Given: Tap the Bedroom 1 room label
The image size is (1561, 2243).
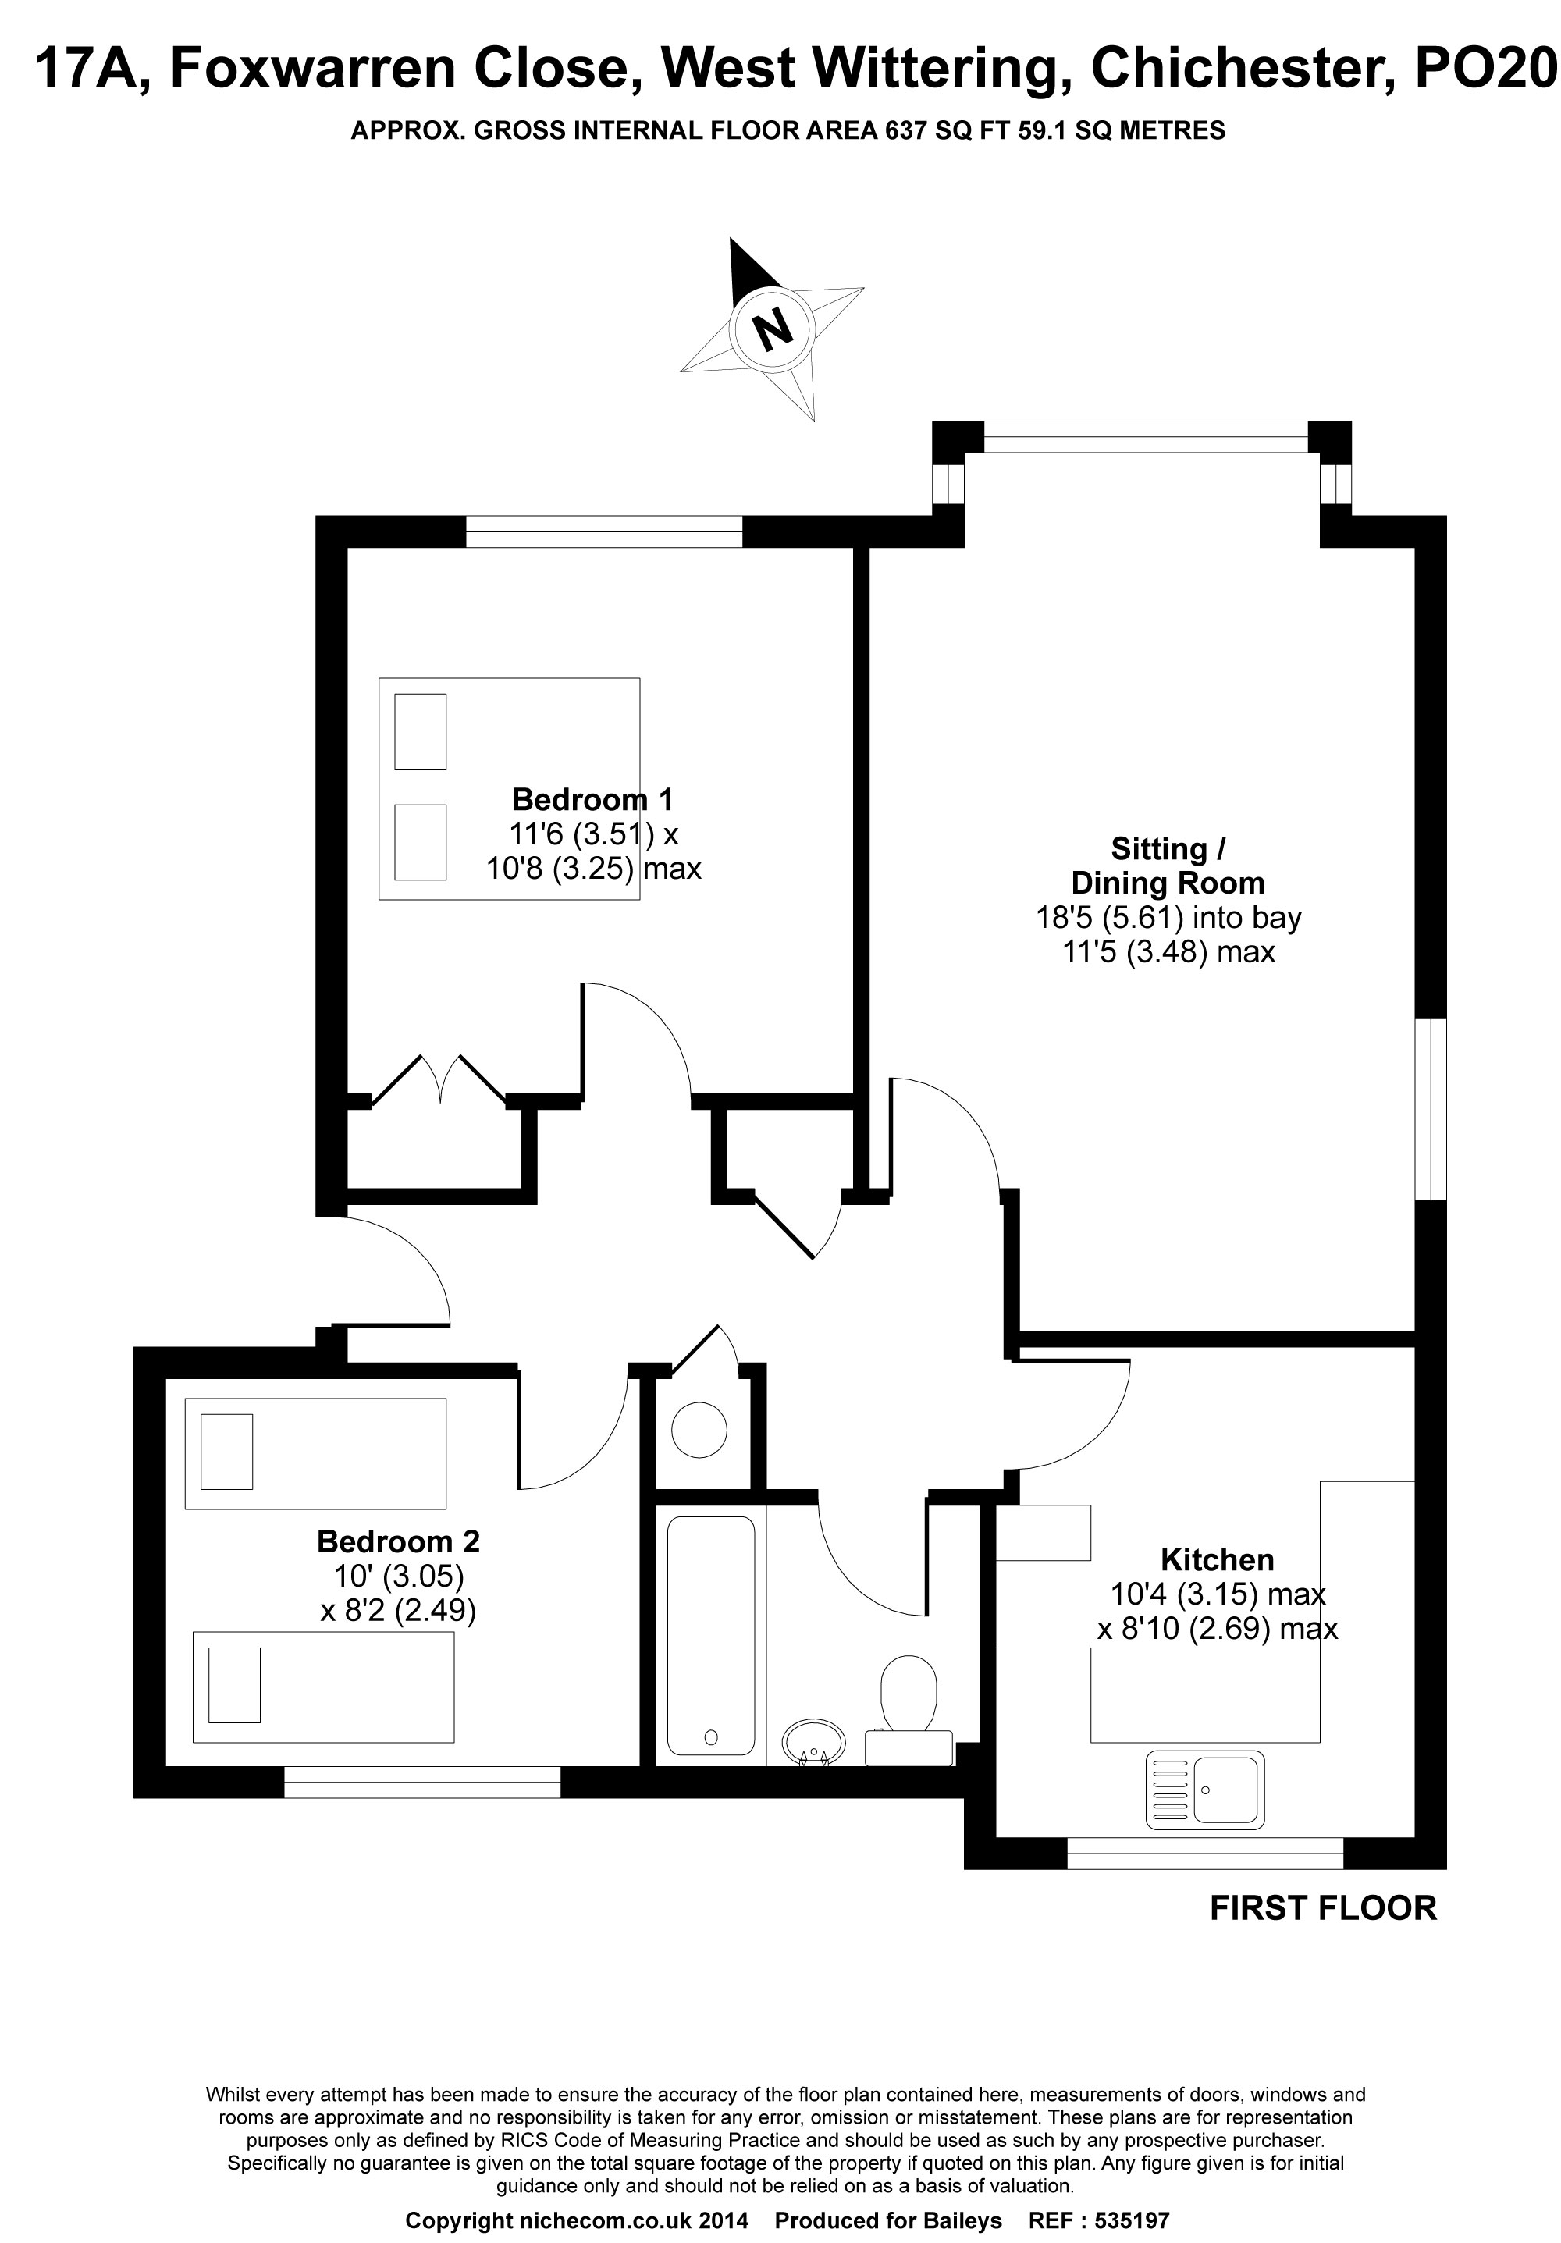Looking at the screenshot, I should coord(592,800).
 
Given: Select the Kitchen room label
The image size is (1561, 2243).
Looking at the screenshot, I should coord(1216,1559).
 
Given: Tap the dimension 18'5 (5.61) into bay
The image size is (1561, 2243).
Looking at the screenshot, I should coord(1168,917).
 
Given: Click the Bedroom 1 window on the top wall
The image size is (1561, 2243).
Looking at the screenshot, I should coord(603,532).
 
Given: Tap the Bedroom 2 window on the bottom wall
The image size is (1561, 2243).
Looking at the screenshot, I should coord(422,1782).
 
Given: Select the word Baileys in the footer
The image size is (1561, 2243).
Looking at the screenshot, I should coord(963,2220).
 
